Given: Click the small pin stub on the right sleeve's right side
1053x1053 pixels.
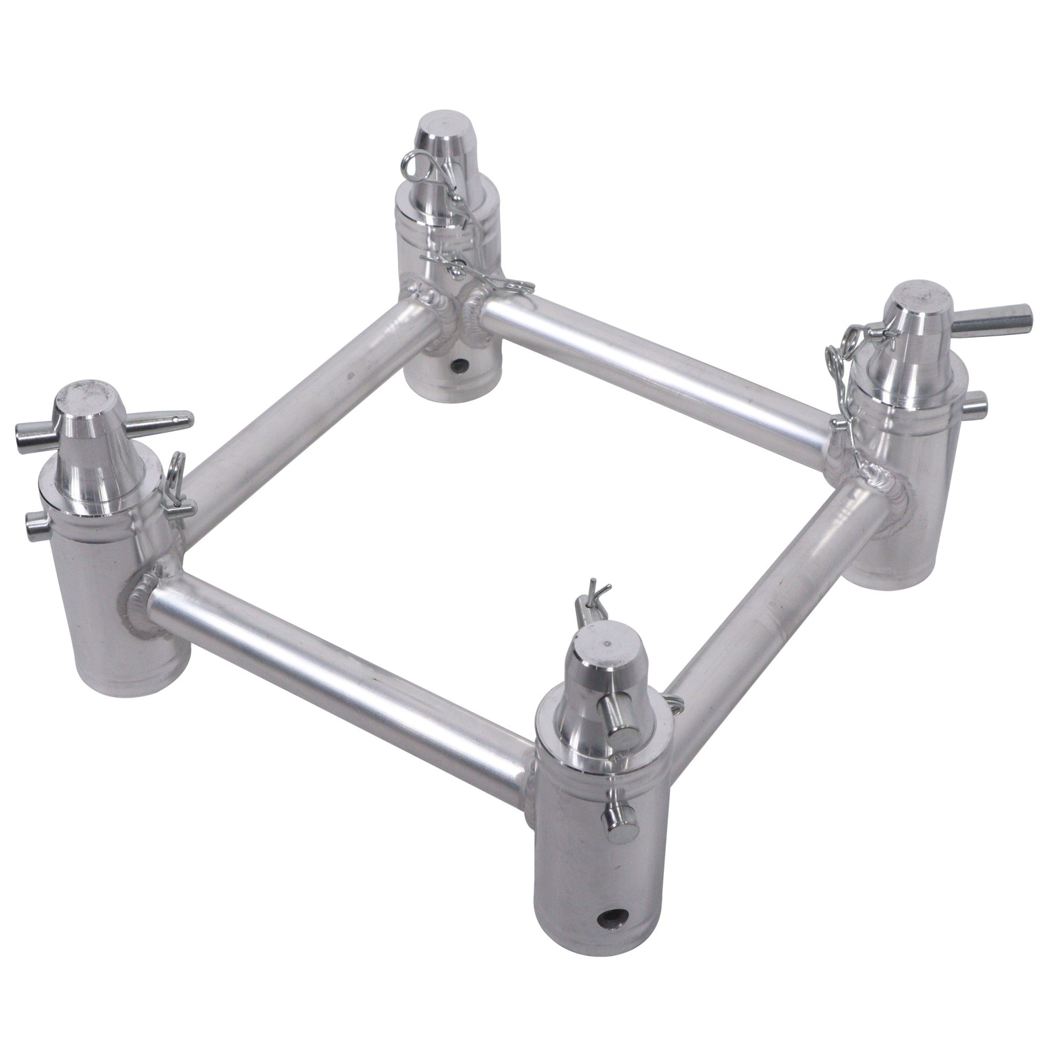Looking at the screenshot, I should point(979,402).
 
